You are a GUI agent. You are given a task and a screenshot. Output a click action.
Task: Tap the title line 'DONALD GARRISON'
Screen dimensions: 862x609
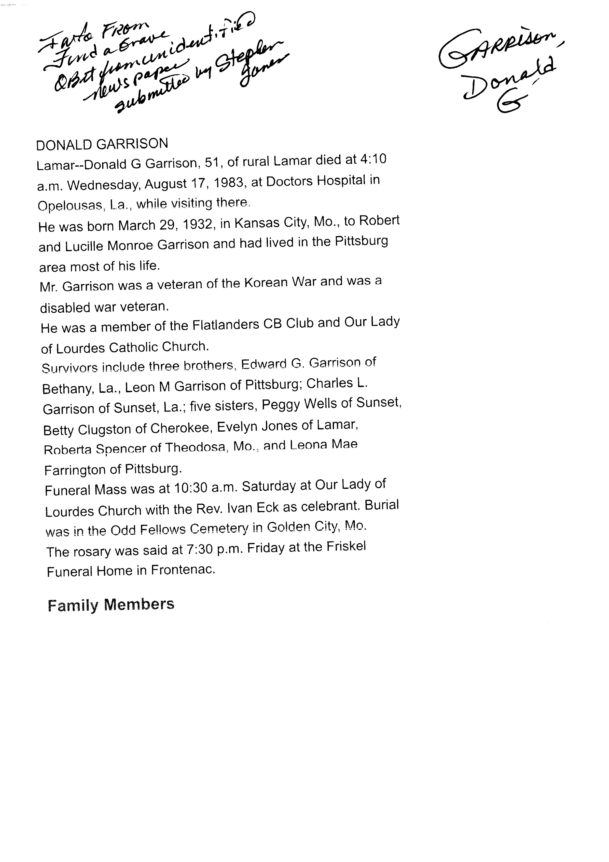(102, 144)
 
